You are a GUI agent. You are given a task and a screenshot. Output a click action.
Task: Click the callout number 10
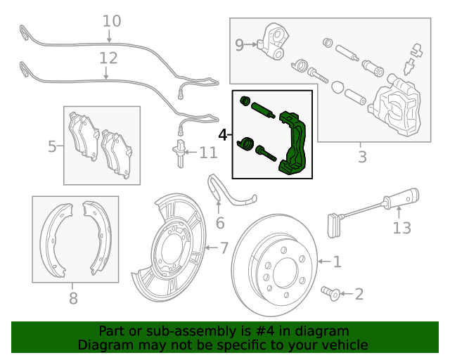click(111, 21)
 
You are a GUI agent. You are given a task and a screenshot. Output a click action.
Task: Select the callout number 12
click(108, 57)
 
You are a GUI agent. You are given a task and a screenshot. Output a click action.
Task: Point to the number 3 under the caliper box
click(362, 157)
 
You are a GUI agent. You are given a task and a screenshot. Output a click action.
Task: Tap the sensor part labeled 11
click(180, 153)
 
